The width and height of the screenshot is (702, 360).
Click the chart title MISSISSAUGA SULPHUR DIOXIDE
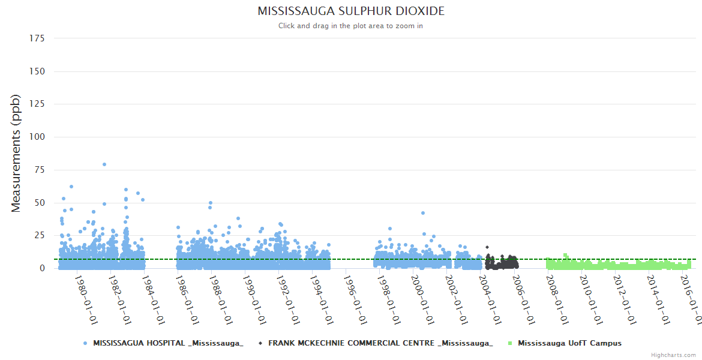pos(351,11)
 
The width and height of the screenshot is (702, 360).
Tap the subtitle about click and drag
pos(351,26)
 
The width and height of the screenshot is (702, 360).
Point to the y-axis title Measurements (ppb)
pos(16,153)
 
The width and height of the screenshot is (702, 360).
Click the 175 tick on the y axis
pos(37,38)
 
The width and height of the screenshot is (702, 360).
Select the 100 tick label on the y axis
pos(37,137)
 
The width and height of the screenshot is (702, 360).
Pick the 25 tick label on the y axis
pos(39,235)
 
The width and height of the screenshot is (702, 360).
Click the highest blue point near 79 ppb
pos(104,164)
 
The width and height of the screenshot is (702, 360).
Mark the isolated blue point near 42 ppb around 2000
pos(423,213)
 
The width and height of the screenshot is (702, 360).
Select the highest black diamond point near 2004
pos(487,247)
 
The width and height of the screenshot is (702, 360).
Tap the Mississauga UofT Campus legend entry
pos(569,343)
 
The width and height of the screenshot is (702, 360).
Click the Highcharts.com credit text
pos(674,355)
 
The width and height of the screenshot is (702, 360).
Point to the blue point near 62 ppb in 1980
pos(71,187)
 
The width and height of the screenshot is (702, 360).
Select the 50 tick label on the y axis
pos(39,203)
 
